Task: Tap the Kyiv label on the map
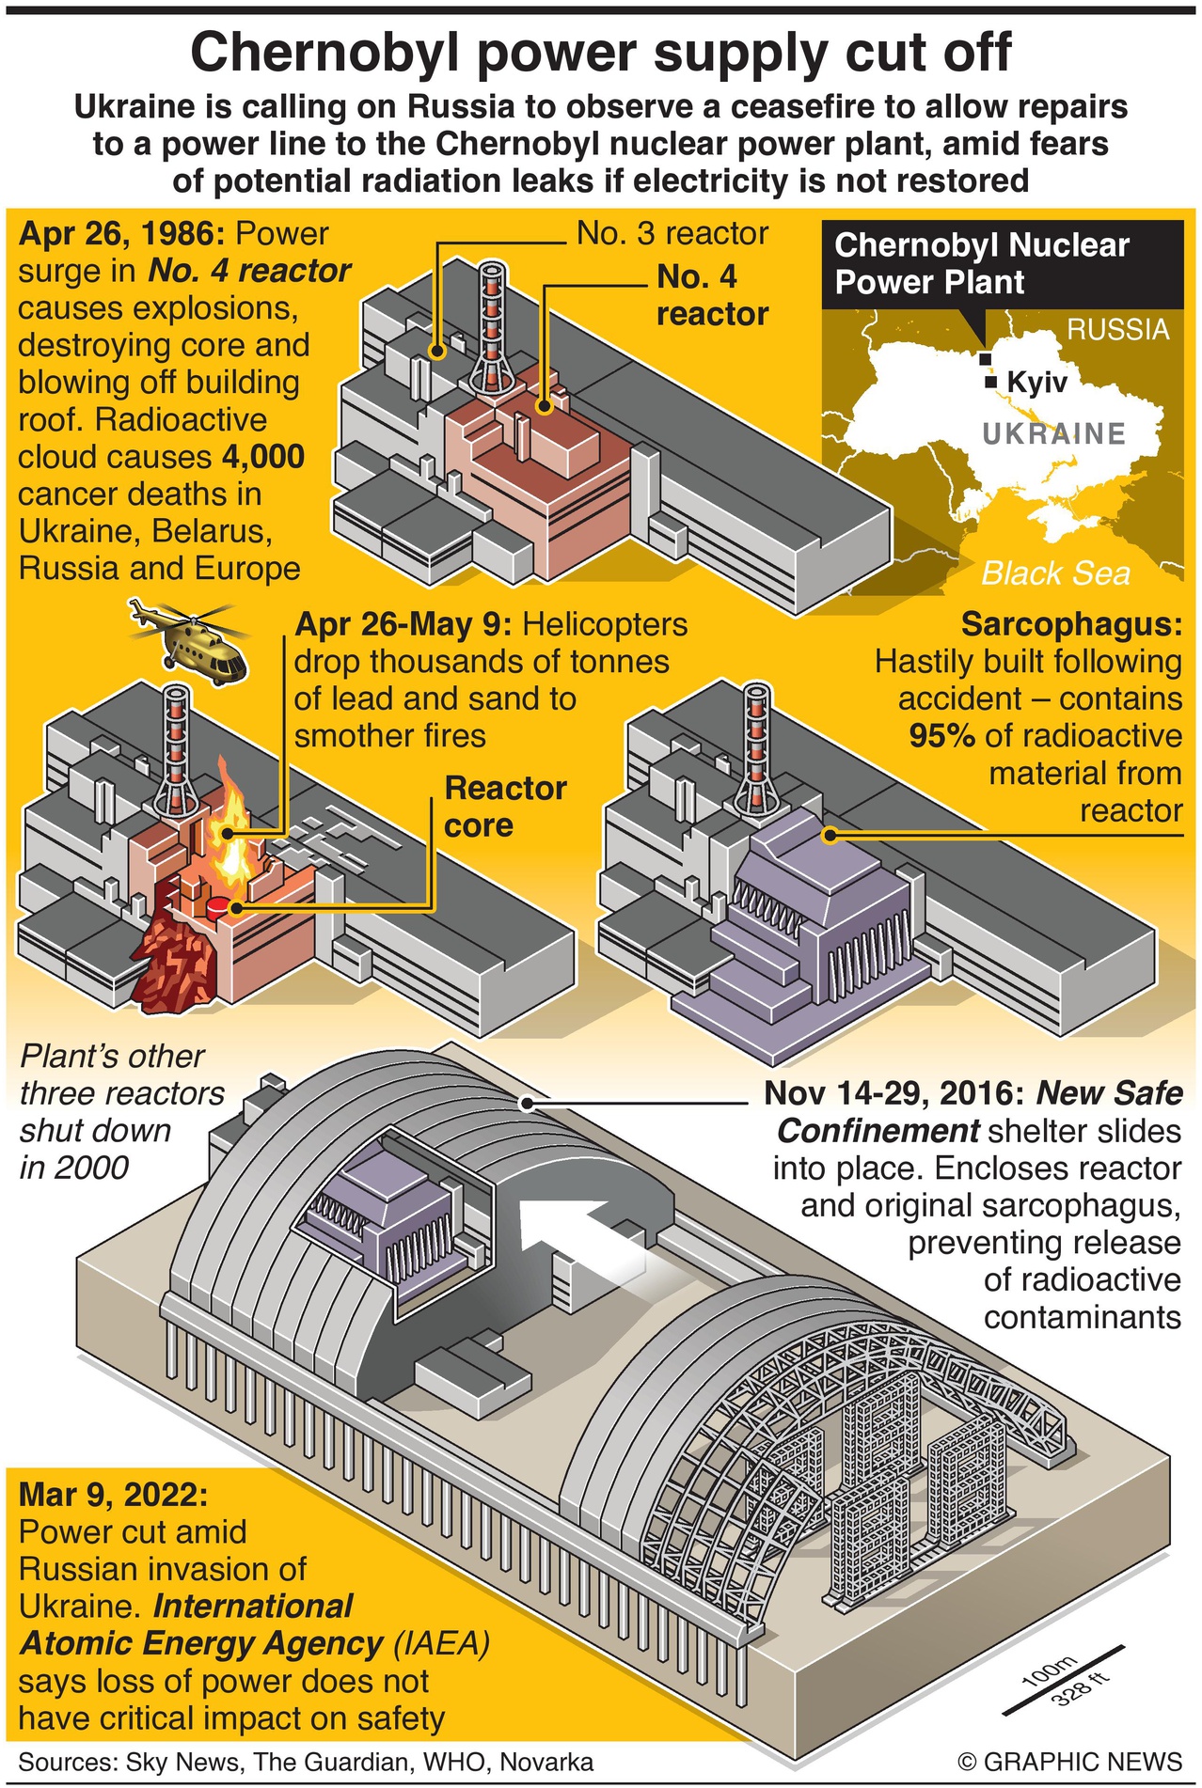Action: [x=1036, y=383]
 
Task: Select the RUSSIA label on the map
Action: [x=1117, y=329]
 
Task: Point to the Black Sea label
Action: [x=1055, y=572]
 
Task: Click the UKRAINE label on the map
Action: [x=1053, y=433]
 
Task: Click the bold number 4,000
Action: [x=263, y=457]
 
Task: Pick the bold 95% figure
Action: [x=941, y=736]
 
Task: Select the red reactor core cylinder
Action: [x=218, y=907]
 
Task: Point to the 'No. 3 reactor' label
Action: [x=672, y=233]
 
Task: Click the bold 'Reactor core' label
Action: [x=505, y=806]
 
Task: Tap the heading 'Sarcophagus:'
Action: [x=1071, y=624]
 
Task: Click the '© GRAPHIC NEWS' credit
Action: [x=1069, y=1761]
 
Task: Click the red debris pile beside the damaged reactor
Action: [x=179, y=964]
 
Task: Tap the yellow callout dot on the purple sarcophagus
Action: [x=830, y=834]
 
